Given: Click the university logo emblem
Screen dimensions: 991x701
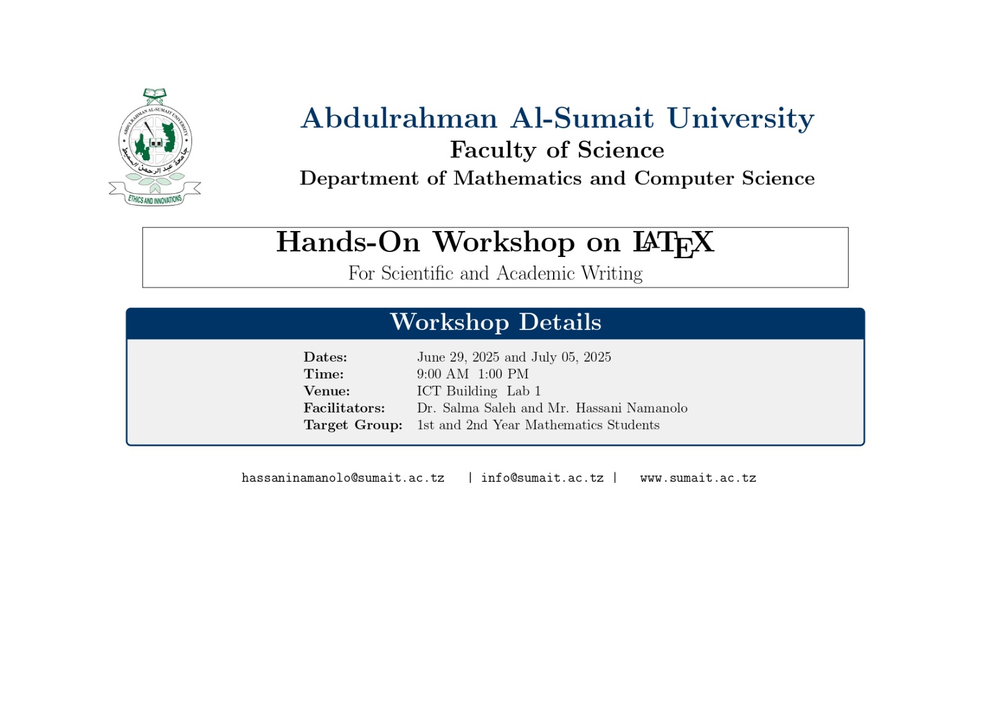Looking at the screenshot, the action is pos(155,147).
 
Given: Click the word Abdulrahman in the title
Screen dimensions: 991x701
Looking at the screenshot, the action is pos(399,118).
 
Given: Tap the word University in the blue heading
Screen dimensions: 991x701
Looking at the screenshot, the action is pos(741,118).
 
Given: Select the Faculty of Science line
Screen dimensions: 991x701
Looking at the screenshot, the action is pos(557,149).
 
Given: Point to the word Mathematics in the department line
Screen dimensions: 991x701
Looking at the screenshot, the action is pos(517,178).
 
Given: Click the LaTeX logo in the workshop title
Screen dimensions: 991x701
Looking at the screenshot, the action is pos(673,244).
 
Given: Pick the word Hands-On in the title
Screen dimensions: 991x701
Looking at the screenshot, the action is pos(347,242).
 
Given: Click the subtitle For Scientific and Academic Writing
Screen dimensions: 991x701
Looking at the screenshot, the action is pos(495,273).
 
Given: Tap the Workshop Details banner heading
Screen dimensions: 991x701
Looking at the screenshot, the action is pos(495,321).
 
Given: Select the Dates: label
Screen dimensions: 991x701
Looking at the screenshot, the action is pos(325,357).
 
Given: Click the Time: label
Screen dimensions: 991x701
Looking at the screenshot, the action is pos(323,373).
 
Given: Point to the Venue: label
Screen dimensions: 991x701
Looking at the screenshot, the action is pos(326,391).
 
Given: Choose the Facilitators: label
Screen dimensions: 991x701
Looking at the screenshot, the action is pos(344,407).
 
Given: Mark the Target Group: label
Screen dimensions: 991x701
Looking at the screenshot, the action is pos(353,425).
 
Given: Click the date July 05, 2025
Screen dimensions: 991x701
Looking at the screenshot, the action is pos(570,357).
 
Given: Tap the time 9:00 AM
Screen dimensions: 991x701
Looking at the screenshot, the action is pos(443,373).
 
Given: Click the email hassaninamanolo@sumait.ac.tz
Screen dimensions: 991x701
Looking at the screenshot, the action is pos(343,478).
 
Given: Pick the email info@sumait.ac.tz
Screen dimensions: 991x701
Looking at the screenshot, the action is pos(542,478).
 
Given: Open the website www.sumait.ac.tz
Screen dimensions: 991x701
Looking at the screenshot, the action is pos(697,478).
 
